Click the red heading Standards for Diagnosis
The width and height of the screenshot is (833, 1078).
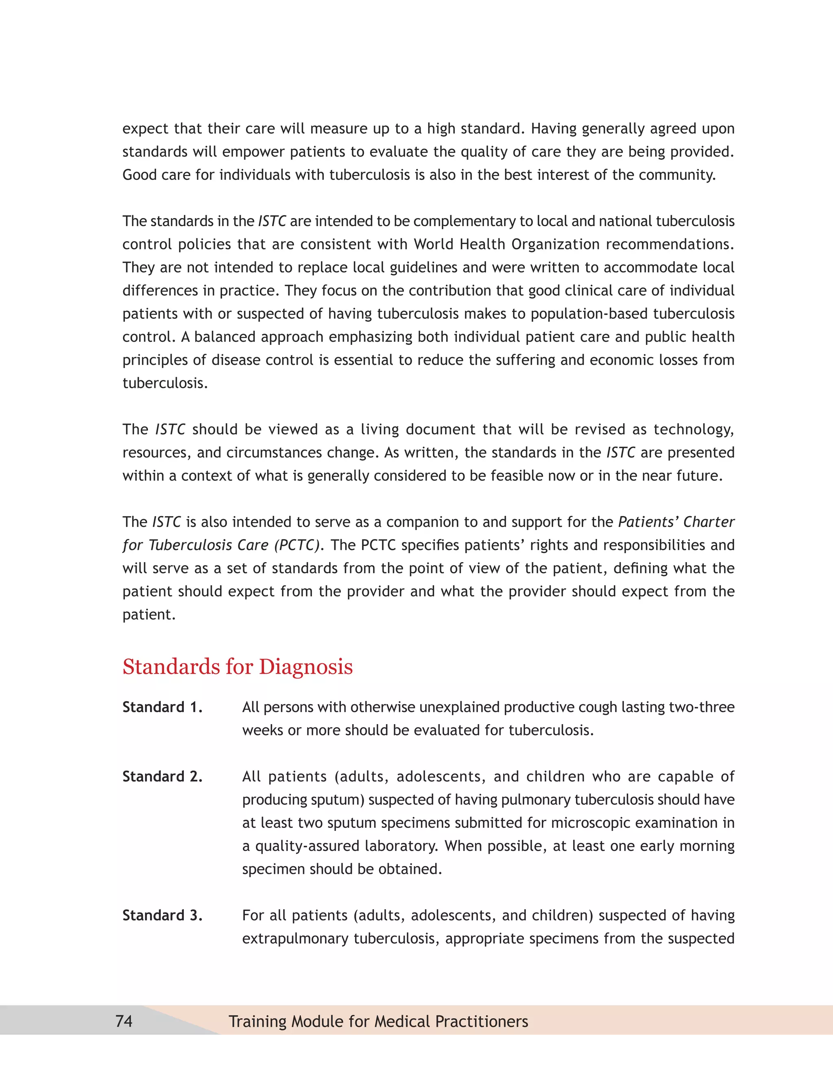(x=238, y=667)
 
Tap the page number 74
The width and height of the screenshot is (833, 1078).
(x=124, y=1021)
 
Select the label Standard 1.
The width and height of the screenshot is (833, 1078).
(x=162, y=707)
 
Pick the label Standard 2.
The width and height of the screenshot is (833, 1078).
(x=162, y=777)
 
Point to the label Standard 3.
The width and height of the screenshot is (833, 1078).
(x=162, y=915)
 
